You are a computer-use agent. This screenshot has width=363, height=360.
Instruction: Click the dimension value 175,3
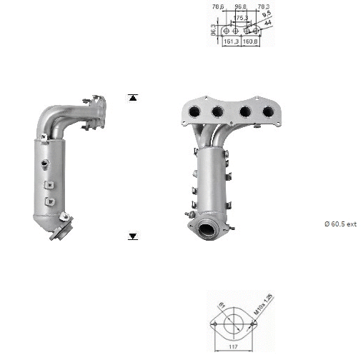(x=241, y=17)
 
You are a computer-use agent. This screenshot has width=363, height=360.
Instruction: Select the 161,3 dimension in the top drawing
(x=232, y=41)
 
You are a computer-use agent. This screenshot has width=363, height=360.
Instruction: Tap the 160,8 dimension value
(x=252, y=41)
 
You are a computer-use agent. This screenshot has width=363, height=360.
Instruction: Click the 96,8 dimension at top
(x=241, y=8)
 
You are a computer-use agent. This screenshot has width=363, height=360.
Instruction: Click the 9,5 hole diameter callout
(x=267, y=14)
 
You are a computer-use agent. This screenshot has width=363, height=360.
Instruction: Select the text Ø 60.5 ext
(x=340, y=224)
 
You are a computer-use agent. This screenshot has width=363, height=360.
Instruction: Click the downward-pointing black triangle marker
(x=132, y=236)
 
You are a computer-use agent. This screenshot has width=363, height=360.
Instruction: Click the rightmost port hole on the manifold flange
(x=268, y=111)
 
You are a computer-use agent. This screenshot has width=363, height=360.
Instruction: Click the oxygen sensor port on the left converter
(x=46, y=165)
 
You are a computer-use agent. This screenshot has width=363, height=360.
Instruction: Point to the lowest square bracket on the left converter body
(x=49, y=202)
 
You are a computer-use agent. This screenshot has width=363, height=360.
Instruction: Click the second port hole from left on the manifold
(x=218, y=111)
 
